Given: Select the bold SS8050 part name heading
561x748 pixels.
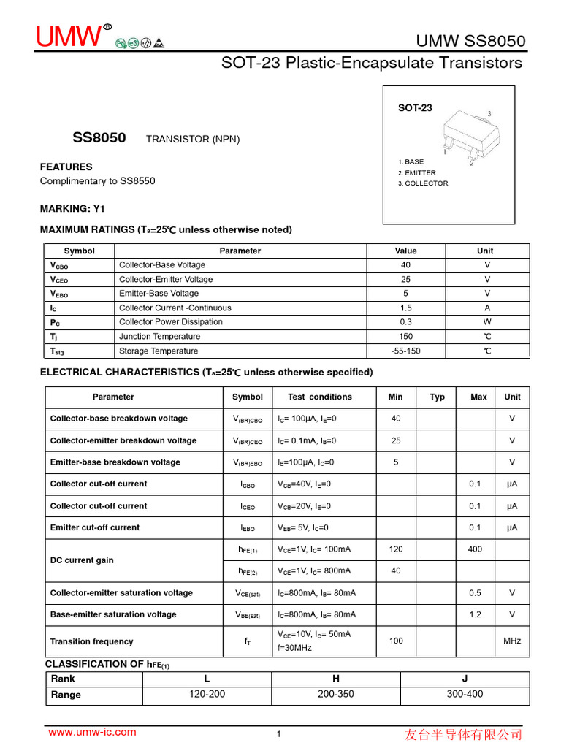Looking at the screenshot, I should [x=99, y=138].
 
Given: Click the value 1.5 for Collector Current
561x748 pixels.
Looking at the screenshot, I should [x=406, y=308].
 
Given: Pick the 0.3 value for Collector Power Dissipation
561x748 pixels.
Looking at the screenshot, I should [x=406, y=322].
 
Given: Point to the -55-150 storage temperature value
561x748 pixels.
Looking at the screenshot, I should [x=406, y=351].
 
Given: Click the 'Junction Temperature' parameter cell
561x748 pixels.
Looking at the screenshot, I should [x=159, y=337].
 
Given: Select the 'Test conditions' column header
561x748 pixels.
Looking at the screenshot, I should [x=319, y=397].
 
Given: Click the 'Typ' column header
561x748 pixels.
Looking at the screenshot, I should [x=437, y=397].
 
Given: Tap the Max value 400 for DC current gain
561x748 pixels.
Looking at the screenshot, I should [x=475, y=549].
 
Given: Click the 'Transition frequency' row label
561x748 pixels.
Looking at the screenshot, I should [x=91, y=641].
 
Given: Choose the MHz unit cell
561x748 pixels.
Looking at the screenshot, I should [x=512, y=641].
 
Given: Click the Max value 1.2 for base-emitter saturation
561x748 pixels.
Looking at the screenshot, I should [x=475, y=614].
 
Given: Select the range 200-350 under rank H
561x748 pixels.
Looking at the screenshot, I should [x=336, y=694].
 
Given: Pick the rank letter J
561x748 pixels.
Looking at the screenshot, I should [x=465, y=679].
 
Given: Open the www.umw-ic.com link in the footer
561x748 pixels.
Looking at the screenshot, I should [x=92, y=732].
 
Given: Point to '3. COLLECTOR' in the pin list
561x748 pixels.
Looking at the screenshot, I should [x=423, y=183].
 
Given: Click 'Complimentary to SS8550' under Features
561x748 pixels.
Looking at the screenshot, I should [x=97, y=181].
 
